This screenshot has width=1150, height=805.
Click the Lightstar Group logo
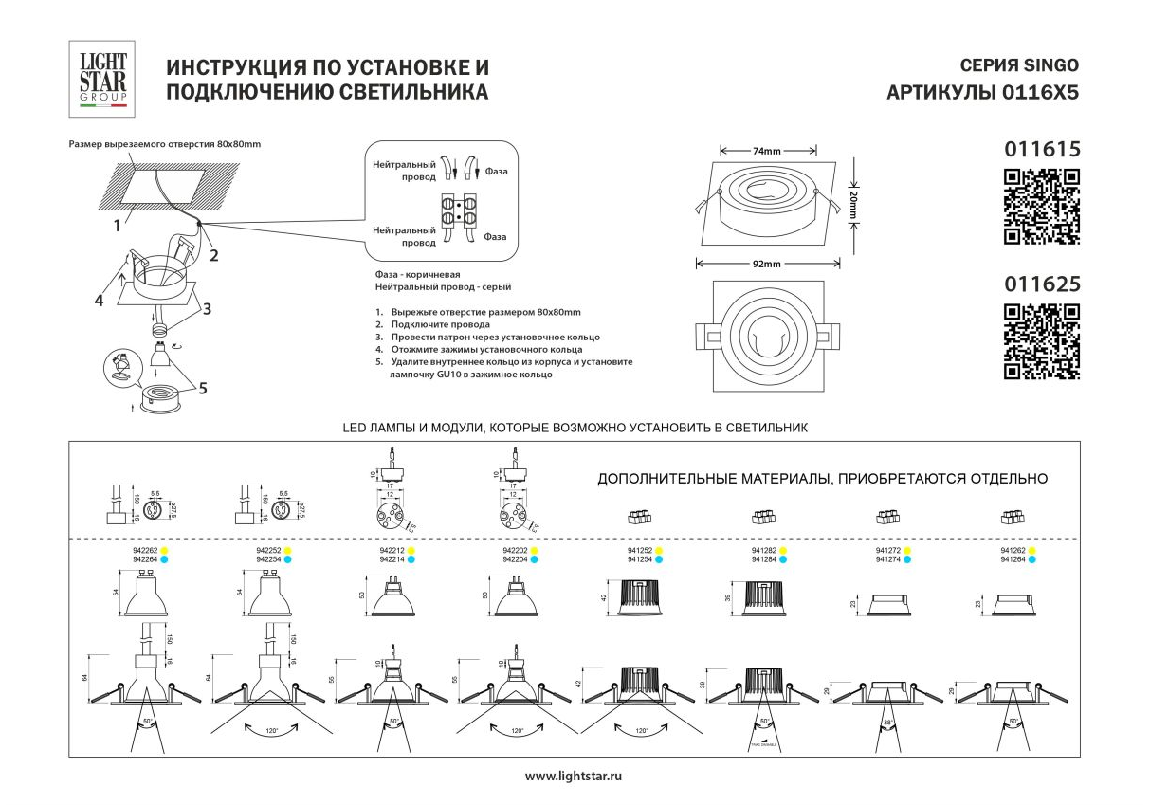[101, 75]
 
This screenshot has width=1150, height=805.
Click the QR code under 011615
[1041, 206]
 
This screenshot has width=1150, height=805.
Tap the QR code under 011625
[1041, 341]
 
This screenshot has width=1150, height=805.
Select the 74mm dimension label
[766, 151]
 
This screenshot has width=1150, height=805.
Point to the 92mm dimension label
[766, 263]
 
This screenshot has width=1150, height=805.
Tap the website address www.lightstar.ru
[574, 776]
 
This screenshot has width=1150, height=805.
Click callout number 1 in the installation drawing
[117, 226]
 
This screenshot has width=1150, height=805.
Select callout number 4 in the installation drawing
[99, 301]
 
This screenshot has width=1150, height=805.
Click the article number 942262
[143, 550]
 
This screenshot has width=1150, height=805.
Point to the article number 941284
[763, 559]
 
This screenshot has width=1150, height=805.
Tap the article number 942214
[392, 559]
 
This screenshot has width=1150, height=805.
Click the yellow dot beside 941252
[659, 550]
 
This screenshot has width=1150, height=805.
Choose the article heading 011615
[1042, 149]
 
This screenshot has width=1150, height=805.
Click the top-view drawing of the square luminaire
[767, 336]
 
